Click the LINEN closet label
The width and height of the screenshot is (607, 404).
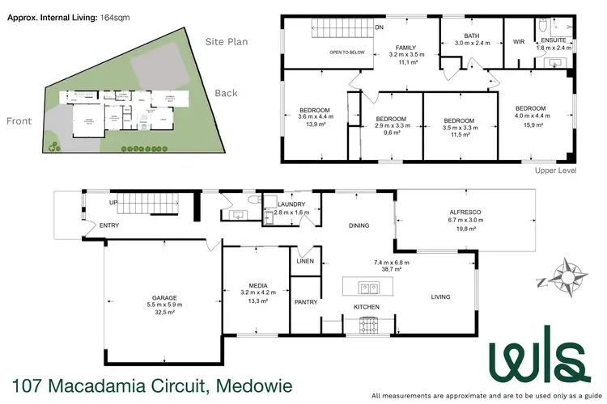click(x=305, y=260)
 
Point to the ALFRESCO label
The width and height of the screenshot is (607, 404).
click(x=465, y=211)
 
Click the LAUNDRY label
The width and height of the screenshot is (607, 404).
click(x=291, y=204)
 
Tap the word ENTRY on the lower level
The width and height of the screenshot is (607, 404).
click(x=108, y=225)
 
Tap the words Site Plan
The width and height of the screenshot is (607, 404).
click(x=227, y=42)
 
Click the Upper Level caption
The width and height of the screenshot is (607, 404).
click(x=554, y=171)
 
